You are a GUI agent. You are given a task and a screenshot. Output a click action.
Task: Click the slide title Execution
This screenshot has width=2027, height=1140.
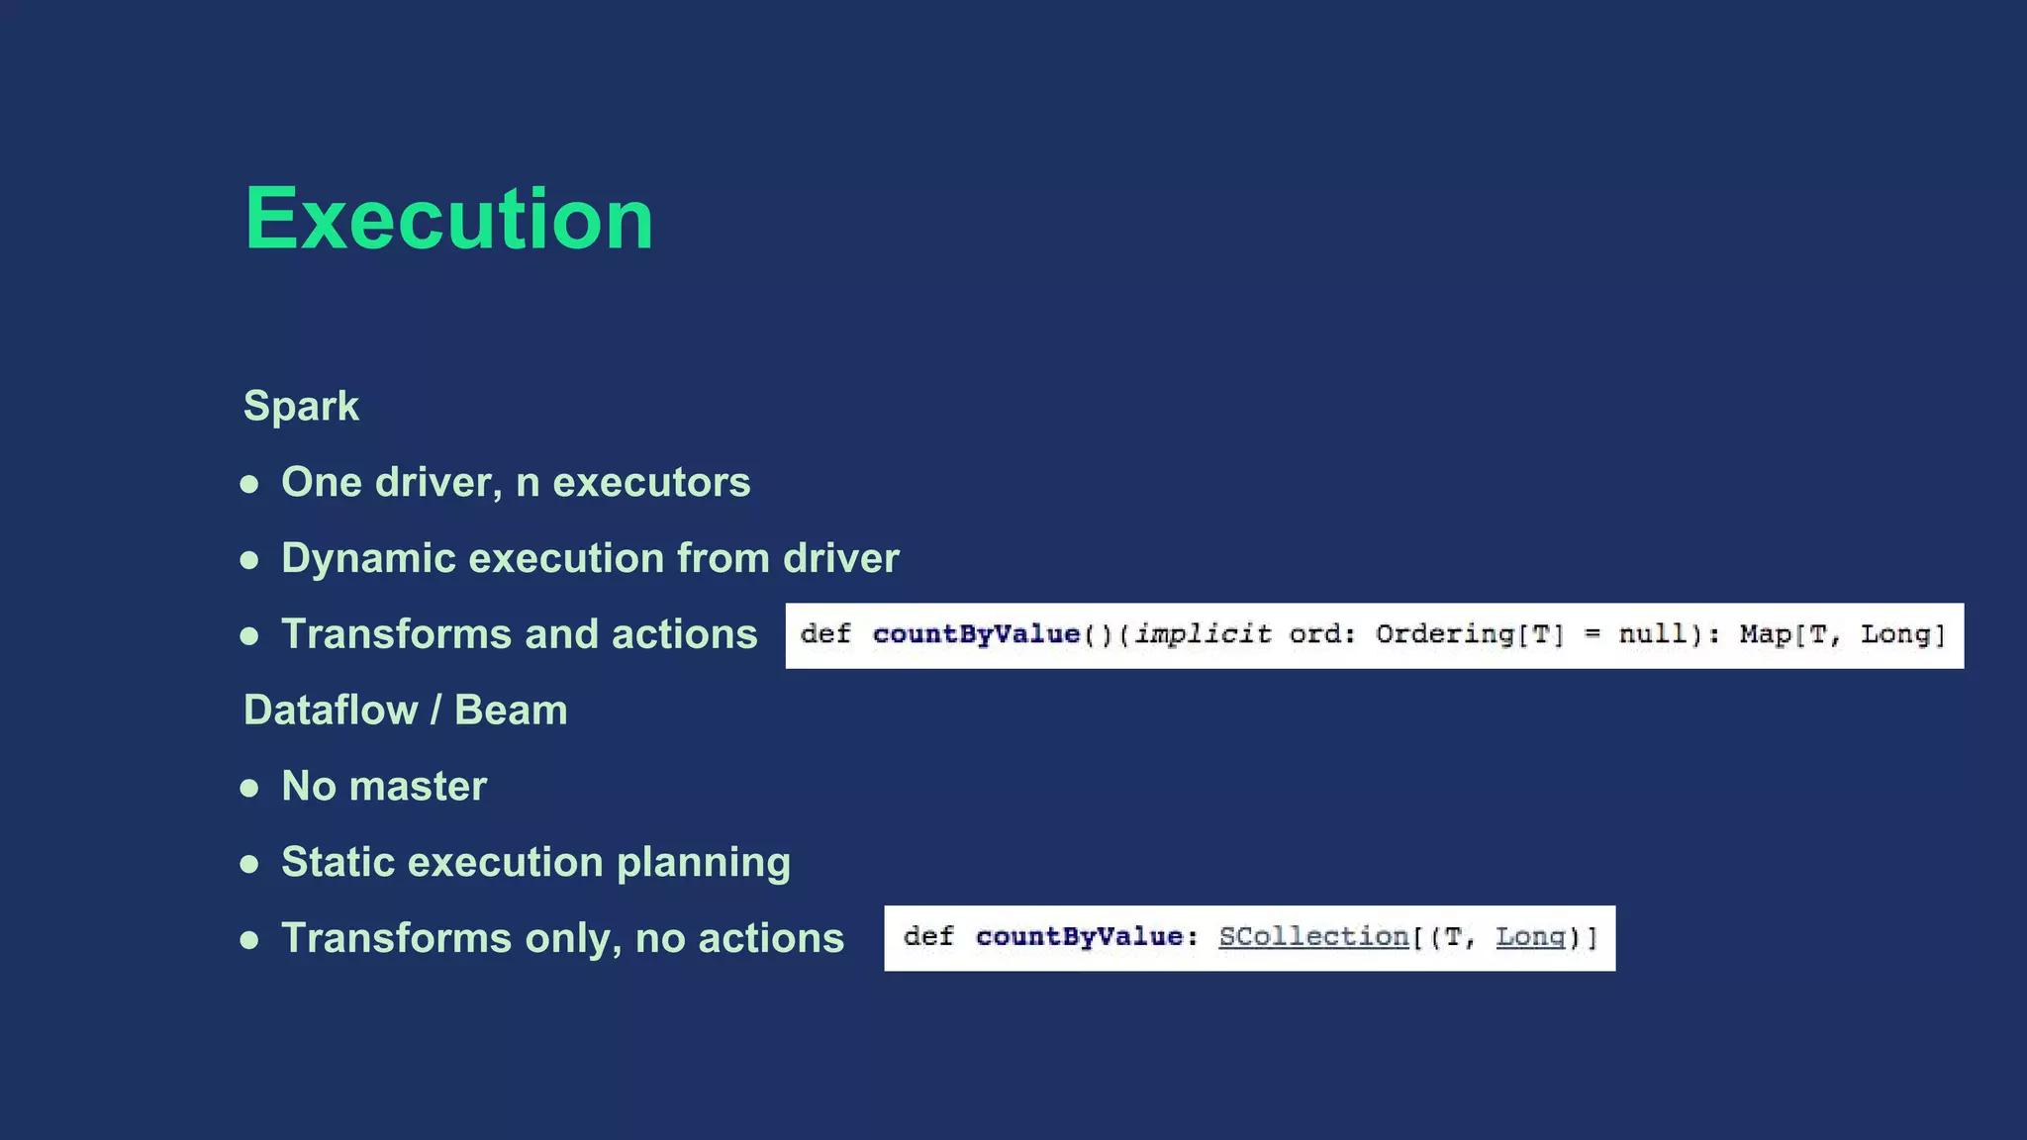448,219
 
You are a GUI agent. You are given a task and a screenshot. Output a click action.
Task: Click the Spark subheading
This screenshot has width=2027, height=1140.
301,406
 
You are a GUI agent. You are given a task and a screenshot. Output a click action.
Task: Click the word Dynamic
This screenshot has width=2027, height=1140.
367,558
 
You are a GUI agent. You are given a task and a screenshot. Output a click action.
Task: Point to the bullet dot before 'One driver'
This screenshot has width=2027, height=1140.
249,485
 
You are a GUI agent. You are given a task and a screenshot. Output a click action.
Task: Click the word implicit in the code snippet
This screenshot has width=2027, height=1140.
1202,634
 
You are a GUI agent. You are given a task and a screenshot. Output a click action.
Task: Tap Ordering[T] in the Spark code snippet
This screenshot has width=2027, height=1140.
1470,634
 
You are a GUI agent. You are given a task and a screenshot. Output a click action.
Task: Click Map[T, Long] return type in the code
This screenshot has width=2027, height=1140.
1842,634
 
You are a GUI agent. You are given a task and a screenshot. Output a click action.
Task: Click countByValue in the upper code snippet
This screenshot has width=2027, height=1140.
976,634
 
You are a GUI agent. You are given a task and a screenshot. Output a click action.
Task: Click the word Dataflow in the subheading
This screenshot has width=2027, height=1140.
331,711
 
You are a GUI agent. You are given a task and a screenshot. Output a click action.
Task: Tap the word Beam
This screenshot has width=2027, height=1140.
511,711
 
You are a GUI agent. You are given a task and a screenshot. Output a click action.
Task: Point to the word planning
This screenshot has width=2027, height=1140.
703,862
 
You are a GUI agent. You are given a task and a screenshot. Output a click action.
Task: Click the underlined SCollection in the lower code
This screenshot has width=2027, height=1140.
1313,937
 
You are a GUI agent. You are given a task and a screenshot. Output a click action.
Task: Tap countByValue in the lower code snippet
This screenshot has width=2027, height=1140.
1079,937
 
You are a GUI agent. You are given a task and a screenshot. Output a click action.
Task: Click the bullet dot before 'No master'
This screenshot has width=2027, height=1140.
249,789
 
